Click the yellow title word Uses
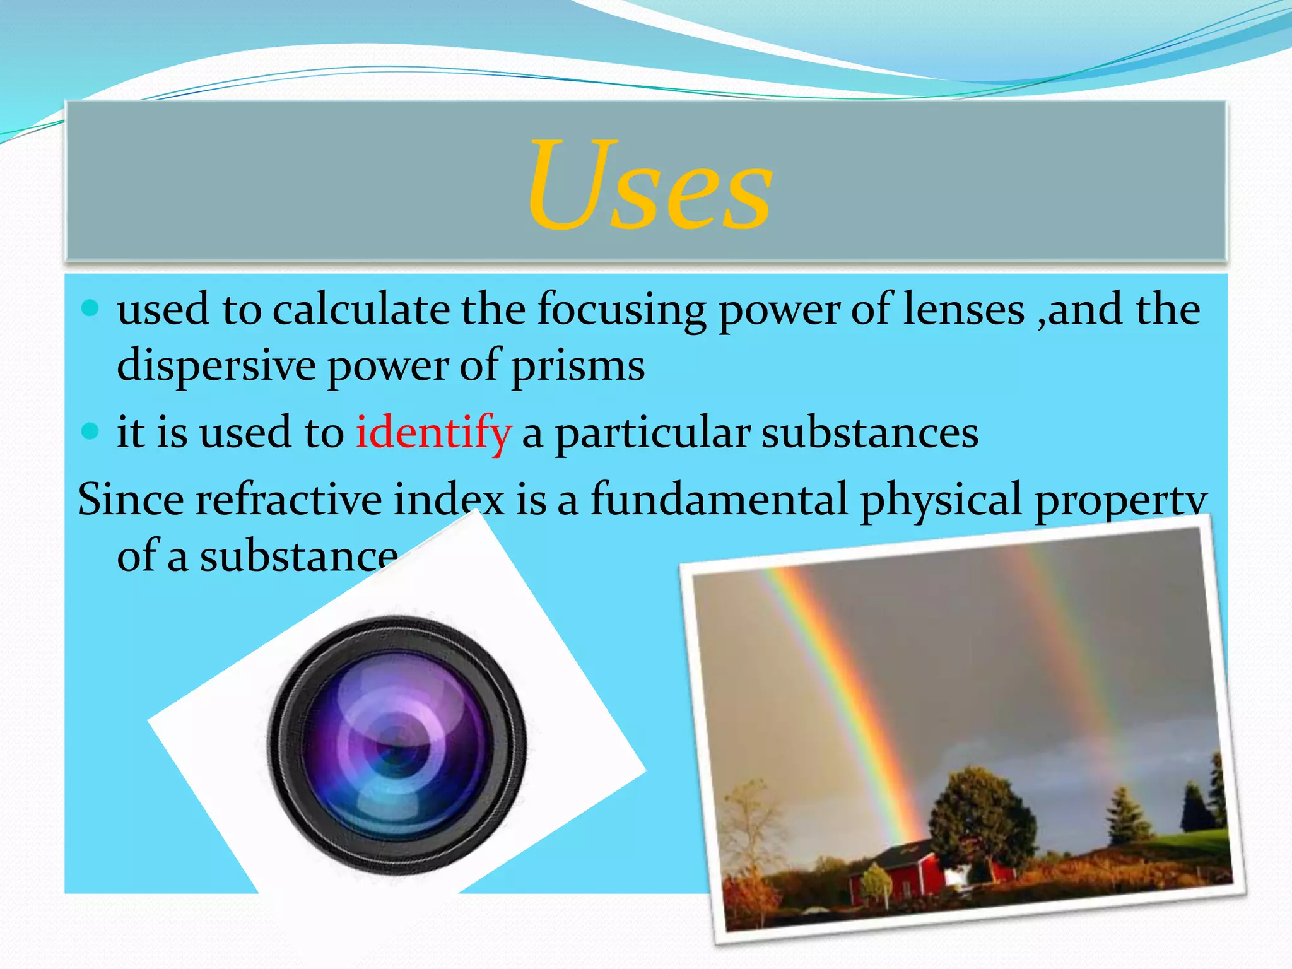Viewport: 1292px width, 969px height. [x=650, y=184]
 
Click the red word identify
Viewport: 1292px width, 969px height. [x=433, y=433]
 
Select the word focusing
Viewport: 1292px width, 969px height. [x=621, y=310]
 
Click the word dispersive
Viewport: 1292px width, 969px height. [x=216, y=366]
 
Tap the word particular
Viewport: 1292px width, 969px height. [x=653, y=434]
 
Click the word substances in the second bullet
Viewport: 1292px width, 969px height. [x=869, y=433]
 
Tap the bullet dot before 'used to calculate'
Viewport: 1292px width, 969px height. [x=91, y=308]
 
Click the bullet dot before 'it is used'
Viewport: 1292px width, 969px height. [x=91, y=432]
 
